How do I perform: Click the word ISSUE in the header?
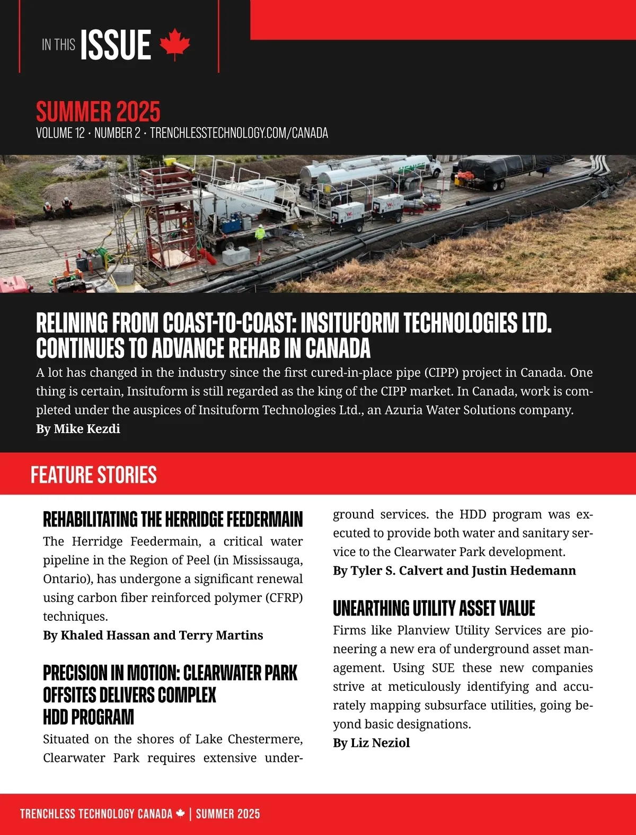pyautogui.click(x=116, y=45)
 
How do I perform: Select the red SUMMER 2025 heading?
pyautogui.click(x=98, y=111)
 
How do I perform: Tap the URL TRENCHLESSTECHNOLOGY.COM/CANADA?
pyautogui.click(x=239, y=133)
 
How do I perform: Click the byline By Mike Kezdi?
pyautogui.click(x=78, y=429)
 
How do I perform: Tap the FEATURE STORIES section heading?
pyautogui.click(x=94, y=475)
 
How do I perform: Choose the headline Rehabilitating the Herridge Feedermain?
pyautogui.click(x=173, y=520)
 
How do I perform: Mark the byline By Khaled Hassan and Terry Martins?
pyautogui.click(x=153, y=635)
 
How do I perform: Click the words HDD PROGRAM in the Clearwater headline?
pyautogui.click(x=89, y=717)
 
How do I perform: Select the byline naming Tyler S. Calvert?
pyautogui.click(x=454, y=570)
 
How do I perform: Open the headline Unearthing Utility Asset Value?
pyautogui.click(x=434, y=609)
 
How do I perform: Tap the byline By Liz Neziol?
pyautogui.click(x=372, y=743)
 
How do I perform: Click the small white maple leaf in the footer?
pyautogui.click(x=181, y=813)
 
